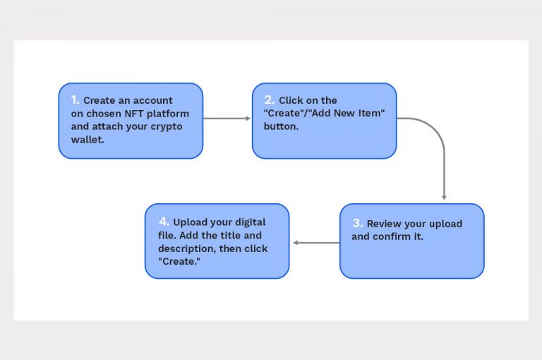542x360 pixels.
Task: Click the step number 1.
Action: pyautogui.click(x=75, y=100)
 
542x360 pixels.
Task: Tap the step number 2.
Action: pyautogui.click(x=269, y=100)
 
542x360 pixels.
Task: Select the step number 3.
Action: pyautogui.click(x=357, y=223)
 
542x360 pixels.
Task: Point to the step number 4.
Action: pyautogui.click(x=163, y=221)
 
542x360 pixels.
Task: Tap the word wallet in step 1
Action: pyautogui.click(x=86, y=139)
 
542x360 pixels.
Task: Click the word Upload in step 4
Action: pyautogui.click(x=191, y=222)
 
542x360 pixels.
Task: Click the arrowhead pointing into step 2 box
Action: pyautogui.click(x=248, y=119)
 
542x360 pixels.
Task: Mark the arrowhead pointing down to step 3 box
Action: pyautogui.click(x=444, y=197)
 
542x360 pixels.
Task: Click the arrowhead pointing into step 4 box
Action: pyautogui.click(x=296, y=243)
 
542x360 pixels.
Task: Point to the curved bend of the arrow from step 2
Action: pyautogui.click(x=437, y=131)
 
